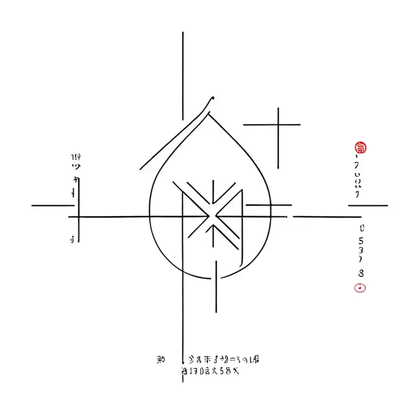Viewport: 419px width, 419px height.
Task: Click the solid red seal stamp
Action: pyautogui.click(x=361, y=147)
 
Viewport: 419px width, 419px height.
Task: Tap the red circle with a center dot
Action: pyautogui.click(x=360, y=288)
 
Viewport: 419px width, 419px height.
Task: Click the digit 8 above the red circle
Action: pyautogui.click(x=361, y=272)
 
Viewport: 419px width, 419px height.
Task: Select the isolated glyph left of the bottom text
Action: pyautogui.click(x=161, y=360)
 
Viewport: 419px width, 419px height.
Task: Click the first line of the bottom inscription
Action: pyautogui.click(x=223, y=360)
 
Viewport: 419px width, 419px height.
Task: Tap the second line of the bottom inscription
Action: pyautogui.click(x=210, y=371)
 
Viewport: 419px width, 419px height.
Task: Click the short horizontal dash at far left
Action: pyautogui.click(x=52, y=206)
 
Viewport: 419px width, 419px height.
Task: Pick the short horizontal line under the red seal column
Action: pyautogui.click(x=368, y=206)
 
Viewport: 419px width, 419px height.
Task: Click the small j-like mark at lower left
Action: pyautogui.click(x=73, y=238)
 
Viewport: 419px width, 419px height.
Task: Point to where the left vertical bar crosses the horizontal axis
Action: pyautogui.click(x=79, y=217)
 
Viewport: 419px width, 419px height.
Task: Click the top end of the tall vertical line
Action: pyautogui.click(x=183, y=33)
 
